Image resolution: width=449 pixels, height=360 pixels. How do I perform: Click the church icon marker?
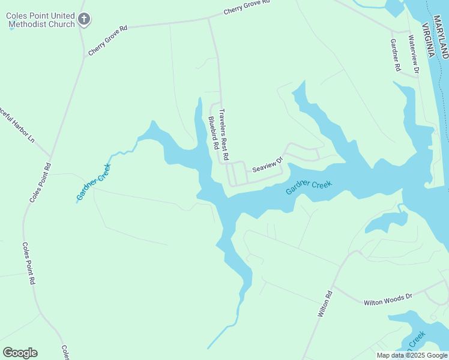84,19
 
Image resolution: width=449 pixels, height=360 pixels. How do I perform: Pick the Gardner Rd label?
394,55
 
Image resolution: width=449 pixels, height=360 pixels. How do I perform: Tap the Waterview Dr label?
412,54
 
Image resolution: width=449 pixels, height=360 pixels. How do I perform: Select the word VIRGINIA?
428,40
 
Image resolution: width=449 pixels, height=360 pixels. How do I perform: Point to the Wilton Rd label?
325,304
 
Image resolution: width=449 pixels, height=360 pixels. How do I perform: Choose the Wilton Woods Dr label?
388,299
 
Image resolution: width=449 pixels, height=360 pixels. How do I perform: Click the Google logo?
20,352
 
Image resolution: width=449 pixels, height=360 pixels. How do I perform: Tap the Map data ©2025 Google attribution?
412,355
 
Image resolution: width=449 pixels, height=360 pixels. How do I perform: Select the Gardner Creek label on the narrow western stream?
94,182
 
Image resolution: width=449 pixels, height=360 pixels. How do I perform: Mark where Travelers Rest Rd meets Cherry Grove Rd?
208,19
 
